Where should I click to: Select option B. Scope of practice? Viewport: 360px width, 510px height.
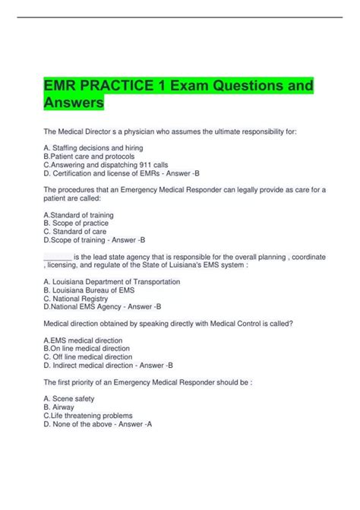pos(76,223)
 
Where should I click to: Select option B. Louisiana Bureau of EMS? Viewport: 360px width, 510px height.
pos(90,290)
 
